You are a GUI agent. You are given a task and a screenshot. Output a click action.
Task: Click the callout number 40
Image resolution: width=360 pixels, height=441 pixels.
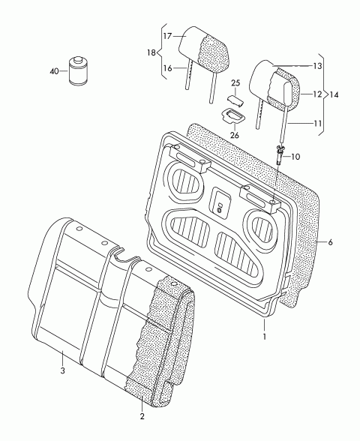54,71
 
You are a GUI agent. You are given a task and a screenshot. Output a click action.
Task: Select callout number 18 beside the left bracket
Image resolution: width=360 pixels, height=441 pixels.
151,52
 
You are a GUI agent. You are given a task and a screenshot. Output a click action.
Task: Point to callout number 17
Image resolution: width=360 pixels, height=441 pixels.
167,36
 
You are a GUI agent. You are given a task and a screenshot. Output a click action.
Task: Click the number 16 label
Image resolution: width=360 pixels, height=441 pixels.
167,68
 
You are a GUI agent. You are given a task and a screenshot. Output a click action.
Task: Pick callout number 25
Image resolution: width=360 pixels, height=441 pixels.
235,83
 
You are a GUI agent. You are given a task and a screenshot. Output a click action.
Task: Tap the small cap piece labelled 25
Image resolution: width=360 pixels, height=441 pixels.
235,100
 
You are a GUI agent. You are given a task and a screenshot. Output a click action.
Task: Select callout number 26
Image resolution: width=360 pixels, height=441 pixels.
234,135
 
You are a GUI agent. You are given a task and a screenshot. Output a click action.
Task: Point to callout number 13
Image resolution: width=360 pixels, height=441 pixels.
317,66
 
